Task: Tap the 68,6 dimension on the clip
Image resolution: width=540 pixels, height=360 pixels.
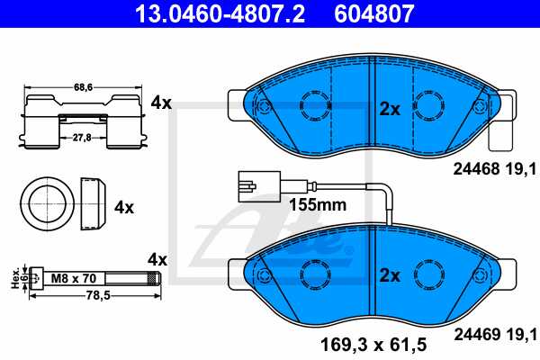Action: [84, 86]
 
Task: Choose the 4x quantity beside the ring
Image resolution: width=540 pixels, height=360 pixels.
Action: [123, 206]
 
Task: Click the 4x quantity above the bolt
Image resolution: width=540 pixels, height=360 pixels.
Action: [157, 259]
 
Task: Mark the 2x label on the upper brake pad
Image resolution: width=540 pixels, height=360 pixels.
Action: [389, 109]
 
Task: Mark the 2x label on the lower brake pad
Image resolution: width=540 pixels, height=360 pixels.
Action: [389, 275]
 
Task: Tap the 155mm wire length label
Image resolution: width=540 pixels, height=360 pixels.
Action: [318, 204]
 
